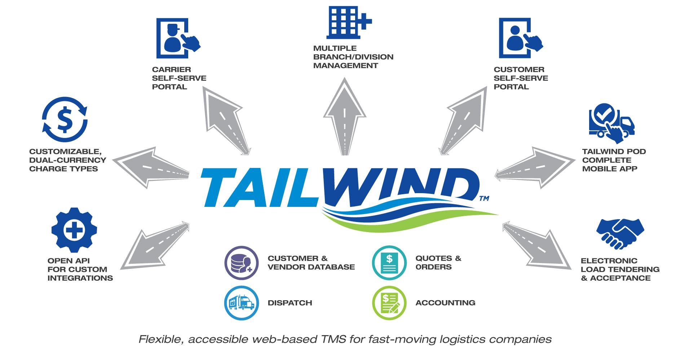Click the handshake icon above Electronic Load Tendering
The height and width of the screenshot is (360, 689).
(620, 233)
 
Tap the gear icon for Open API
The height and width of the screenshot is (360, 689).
(74, 230)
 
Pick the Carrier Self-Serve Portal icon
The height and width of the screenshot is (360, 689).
(177, 38)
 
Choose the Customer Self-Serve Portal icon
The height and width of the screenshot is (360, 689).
(519, 38)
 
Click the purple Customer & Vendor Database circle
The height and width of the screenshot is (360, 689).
(241, 263)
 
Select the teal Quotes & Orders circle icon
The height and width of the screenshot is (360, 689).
(389, 263)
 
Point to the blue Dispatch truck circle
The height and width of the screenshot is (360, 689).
(241, 303)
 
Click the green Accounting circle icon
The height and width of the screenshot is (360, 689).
(389, 303)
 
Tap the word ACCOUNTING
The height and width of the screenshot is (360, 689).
(445, 303)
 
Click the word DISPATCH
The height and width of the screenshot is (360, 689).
(290, 303)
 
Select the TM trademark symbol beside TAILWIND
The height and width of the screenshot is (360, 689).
(484, 198)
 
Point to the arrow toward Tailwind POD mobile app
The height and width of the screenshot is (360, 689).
(534, 168)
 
